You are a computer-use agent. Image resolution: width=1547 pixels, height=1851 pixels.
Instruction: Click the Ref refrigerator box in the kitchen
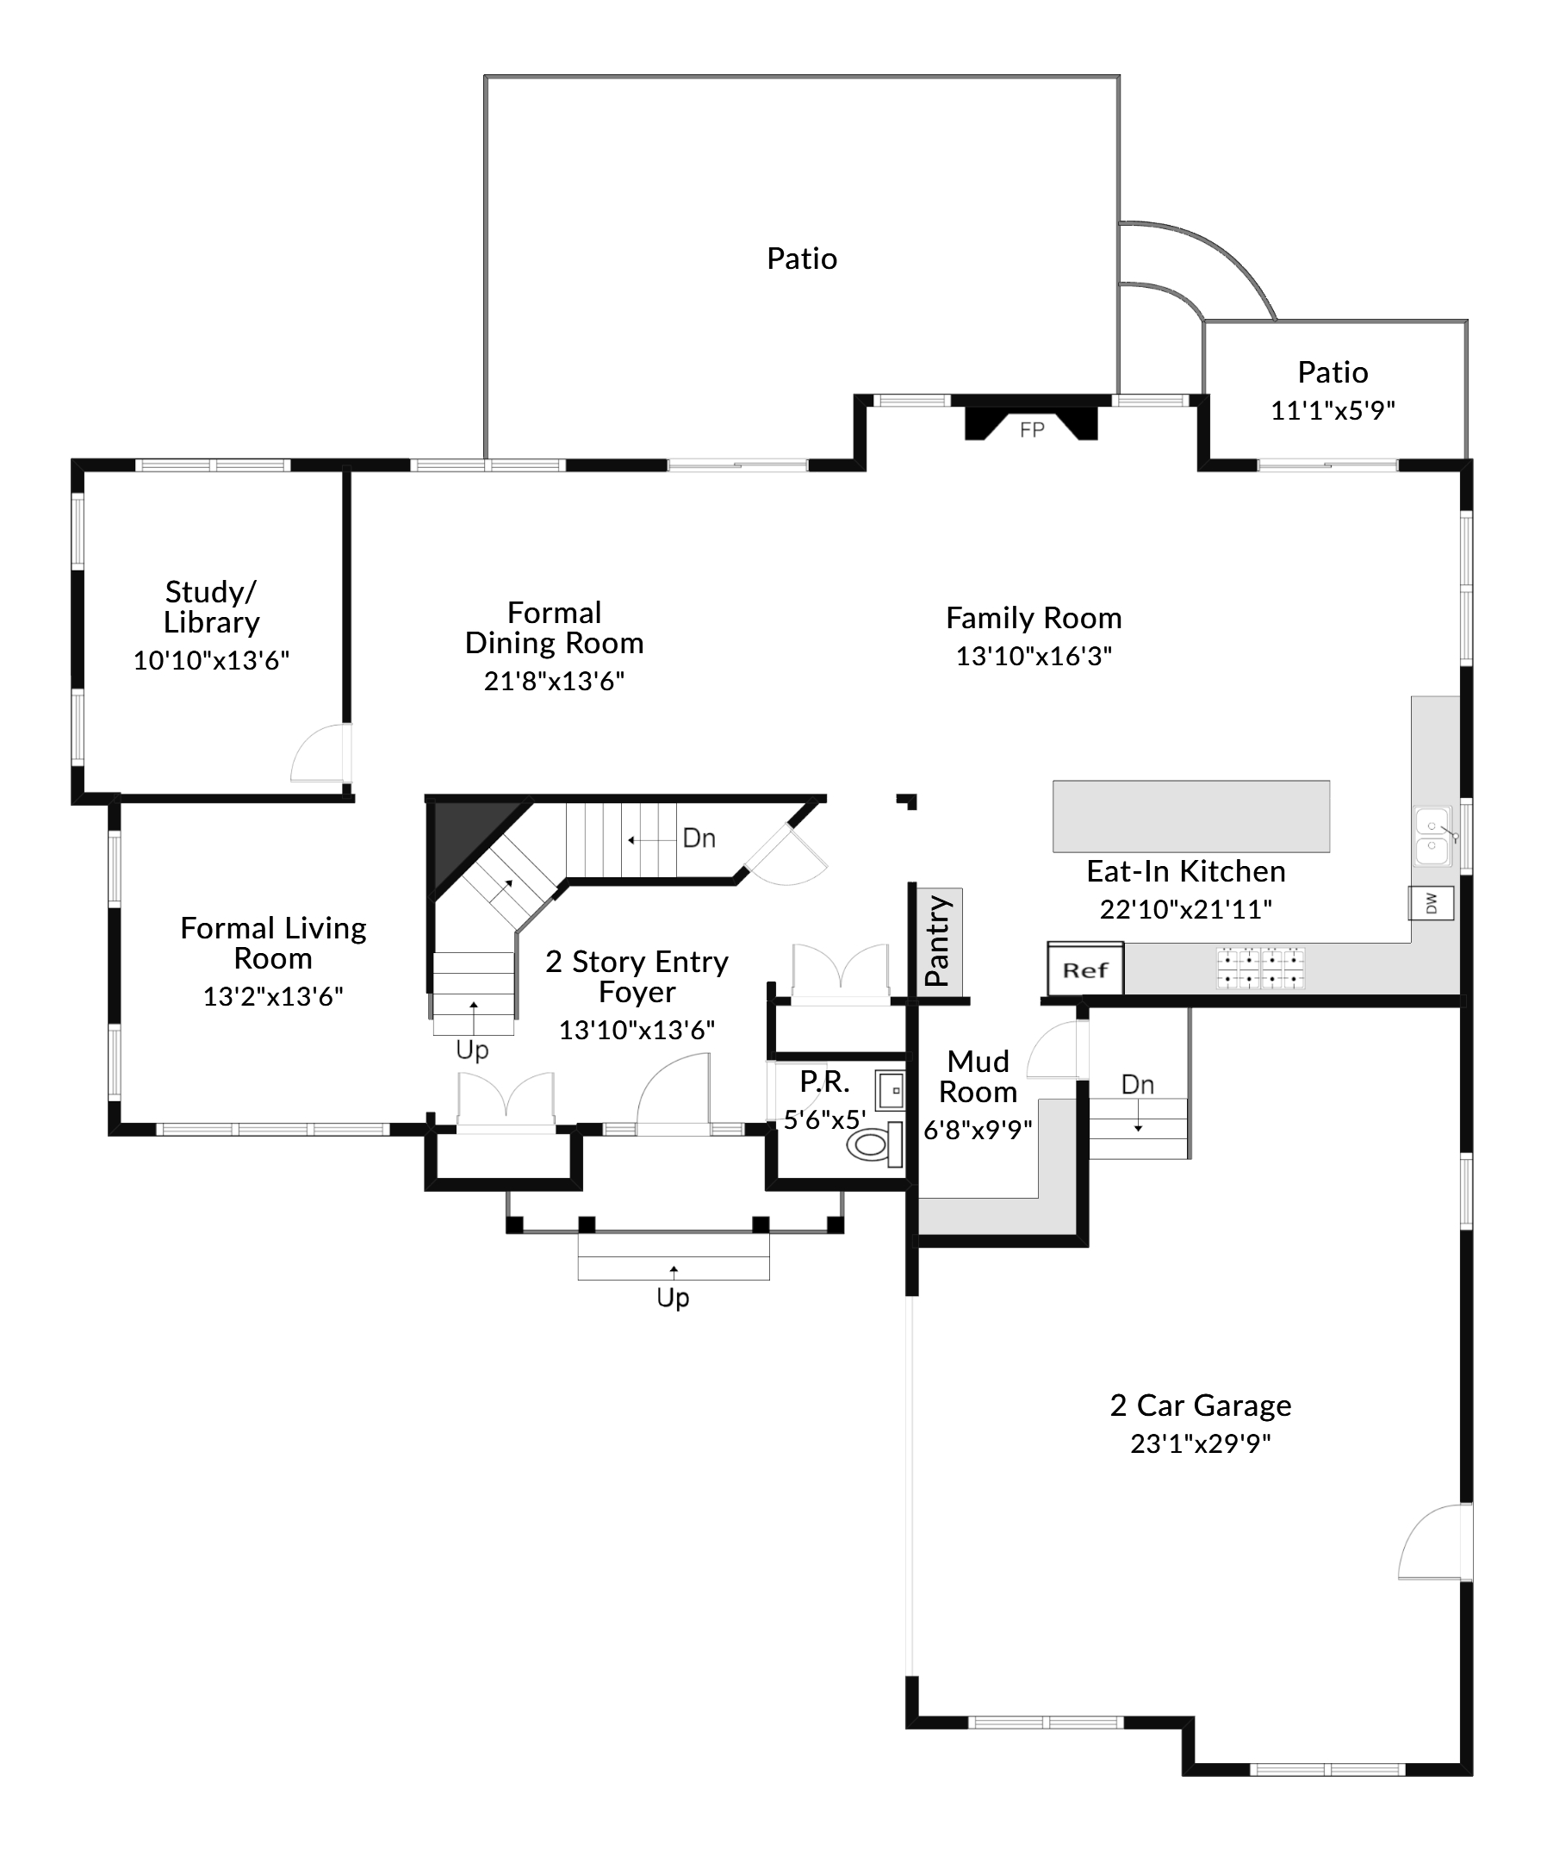(1084, 969)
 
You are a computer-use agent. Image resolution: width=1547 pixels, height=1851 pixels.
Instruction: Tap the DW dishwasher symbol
(1431, 903)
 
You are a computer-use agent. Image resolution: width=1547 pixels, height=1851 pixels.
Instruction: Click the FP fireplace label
(1032, 430)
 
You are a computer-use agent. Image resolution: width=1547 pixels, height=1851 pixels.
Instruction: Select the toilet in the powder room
(873, 1144)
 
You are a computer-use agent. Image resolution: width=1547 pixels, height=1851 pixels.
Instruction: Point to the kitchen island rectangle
(1191, 816)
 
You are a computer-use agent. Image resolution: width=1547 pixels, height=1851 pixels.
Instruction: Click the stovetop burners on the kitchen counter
(1261, 968)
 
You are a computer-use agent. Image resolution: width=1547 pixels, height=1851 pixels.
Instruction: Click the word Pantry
(937, 940)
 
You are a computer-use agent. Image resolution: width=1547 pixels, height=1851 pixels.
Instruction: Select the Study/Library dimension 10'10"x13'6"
(210, 660)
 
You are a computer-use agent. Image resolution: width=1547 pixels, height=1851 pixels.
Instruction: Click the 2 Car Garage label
(1200, 1405)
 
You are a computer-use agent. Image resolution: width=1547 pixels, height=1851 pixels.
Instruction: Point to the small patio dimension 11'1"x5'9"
(1332, 410)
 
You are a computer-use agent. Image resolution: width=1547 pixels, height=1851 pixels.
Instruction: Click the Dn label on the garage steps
(1137, 1085)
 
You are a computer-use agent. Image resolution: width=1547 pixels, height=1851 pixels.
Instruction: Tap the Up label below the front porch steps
(673, 1298)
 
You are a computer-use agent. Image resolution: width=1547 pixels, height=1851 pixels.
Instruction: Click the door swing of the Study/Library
(319, 755)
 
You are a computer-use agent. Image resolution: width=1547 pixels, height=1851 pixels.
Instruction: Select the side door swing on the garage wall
(1433, 1542)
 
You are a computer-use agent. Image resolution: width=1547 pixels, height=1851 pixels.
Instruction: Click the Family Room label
(1034, 618)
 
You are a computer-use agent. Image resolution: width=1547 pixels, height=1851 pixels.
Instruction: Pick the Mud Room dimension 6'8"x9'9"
(977, 1130)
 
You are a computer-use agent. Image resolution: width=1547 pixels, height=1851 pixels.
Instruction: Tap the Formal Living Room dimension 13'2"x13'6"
(273, 996)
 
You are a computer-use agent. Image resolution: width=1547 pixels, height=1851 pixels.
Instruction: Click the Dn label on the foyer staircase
(699, 838)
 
